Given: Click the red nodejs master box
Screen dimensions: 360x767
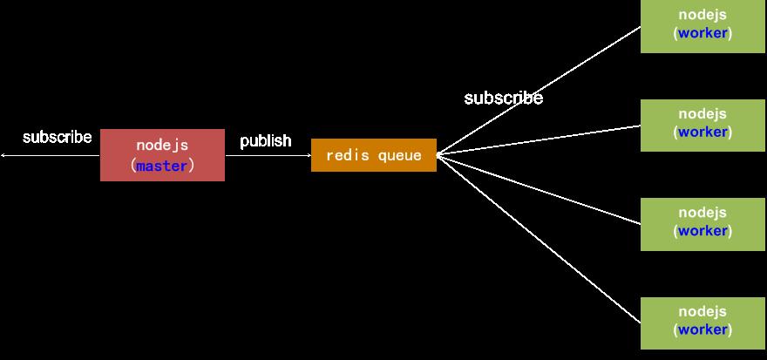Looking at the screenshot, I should point(162,155).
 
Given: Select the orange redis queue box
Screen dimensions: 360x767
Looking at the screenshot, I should point(373,155).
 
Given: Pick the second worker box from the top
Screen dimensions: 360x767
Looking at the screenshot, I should point(703,125).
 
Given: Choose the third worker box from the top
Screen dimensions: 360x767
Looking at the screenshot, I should point(703,224).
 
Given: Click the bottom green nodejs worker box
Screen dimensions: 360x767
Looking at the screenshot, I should point(703,323).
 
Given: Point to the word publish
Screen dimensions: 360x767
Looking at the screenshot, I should point(266,141).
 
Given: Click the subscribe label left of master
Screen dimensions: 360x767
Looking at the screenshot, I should point(57,137).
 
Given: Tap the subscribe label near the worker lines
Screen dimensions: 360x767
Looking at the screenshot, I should point(503,98).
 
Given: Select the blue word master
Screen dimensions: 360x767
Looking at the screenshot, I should point(162,166).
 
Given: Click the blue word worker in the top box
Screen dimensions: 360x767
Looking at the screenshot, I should point(703,34).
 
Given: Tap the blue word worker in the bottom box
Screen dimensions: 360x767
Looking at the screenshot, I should point(703,330).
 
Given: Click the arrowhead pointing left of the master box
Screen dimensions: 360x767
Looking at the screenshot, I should point(3,155).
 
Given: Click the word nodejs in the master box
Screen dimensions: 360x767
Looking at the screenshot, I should point(162,146).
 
